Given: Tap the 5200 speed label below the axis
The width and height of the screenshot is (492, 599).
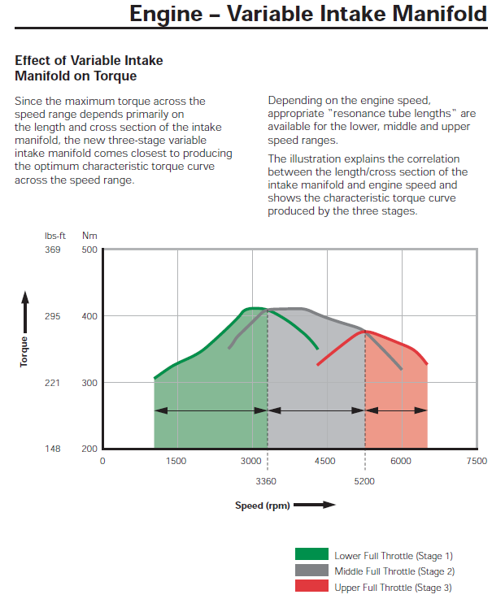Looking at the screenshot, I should (365, 481).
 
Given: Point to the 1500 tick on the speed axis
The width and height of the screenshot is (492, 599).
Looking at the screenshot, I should (176, 461).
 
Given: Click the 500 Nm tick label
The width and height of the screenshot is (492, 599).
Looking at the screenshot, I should (89, 250).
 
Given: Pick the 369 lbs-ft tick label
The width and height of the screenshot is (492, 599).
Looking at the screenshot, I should (52, 250).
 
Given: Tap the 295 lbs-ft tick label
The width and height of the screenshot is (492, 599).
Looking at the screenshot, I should (52, 316).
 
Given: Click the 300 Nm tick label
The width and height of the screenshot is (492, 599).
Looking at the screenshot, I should (89, 383).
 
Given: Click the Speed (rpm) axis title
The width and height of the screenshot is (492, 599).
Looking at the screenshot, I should (262, 506).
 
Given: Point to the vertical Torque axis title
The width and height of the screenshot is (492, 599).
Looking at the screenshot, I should (24, 351).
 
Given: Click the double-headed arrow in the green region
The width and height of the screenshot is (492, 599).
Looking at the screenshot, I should (211, 411).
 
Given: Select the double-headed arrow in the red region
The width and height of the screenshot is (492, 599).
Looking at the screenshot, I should (396, 411).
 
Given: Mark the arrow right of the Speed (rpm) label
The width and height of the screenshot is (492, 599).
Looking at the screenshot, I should (314, 506).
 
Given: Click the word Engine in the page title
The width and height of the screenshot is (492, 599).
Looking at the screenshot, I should (169, 15).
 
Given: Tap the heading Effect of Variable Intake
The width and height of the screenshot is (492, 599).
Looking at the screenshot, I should (89, 61).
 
